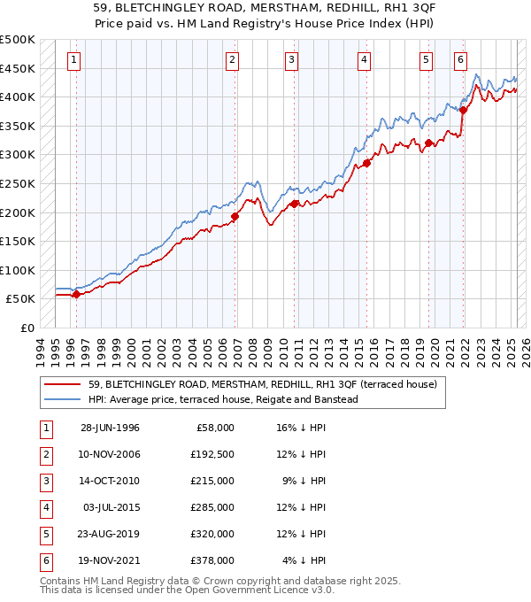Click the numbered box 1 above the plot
pyautogui.click(x=73, y=60)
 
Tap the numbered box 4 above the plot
pyautogui.click(x=365, y=60)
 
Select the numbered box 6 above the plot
pyautogui.click(x=460, y=60)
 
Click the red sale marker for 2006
pyautogui.click(x=235, y=216)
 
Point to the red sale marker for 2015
pyautogui.click(x=366, y=163)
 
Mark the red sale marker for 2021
pyautogui.click(x=463, y=110)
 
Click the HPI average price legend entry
pyautogui.click(x=222, y=399)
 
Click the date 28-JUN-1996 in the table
pyautogui.click(x=110, y=428)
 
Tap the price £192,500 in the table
pyautogui.click(x=211, y=454)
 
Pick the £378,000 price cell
pyautogui.click(x=211, y=560)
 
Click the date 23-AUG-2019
pyautogui.click(x=110, y=534)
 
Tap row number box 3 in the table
pyautogui.click(x=45, y=481)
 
